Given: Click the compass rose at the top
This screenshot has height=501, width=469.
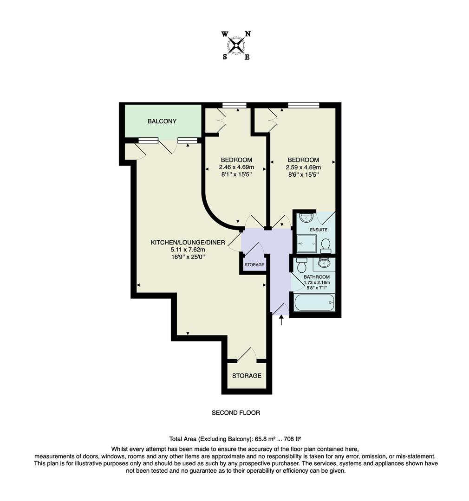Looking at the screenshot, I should pos(236,45).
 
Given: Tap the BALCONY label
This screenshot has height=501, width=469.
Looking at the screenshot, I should pos(162,122).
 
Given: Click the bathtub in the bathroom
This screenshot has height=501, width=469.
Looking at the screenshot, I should pos(314,303).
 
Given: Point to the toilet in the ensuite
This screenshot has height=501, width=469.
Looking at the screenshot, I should pos(326,245).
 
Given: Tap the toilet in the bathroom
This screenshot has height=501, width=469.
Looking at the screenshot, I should pos(301,266).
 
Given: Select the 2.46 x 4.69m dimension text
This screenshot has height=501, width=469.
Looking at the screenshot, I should pos(236,167).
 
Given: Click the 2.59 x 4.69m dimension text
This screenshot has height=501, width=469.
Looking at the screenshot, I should pos(303,167).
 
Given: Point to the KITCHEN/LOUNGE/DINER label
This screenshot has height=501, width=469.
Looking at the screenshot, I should pos(188,243).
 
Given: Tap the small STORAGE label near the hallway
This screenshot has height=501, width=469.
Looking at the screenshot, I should pos(254,265).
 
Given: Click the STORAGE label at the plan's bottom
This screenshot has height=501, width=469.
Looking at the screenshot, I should pos(247,376).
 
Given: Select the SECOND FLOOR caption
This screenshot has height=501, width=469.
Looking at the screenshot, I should pos(236,412).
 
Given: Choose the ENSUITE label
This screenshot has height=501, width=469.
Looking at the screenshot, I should pos(318,230).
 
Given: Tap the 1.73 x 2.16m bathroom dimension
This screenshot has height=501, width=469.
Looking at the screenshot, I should pos(317,283).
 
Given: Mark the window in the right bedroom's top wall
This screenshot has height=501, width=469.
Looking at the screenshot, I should pos(303,105).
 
